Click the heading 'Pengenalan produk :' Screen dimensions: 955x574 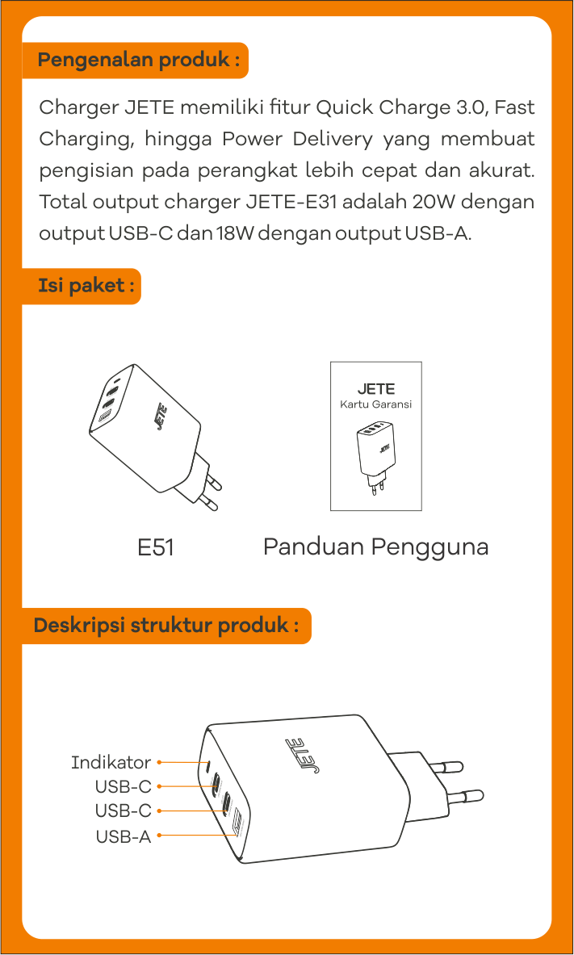[x=138, y=61]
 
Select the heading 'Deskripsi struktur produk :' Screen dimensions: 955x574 [x=166, y=626]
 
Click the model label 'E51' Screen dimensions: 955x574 [x=156, y=547]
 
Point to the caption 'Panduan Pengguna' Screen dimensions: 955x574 [x=375, y=547]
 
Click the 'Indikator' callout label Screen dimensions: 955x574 [x=111, y=762]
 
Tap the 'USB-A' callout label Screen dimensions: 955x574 [x=123, y=836]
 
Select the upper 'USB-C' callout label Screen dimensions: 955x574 [x=123, y=786]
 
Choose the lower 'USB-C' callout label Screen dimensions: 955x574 [x=123, y=810]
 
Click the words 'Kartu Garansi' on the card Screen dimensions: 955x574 [x=375, y=404]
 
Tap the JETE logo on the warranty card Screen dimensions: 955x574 [x=376, y=389]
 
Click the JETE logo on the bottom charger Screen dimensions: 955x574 [x=302, y=754]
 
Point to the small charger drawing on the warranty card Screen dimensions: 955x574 [x=375, y=456]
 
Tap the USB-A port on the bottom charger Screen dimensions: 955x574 [x=237, y=827]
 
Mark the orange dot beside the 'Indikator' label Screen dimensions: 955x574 [x=160, y=761]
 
